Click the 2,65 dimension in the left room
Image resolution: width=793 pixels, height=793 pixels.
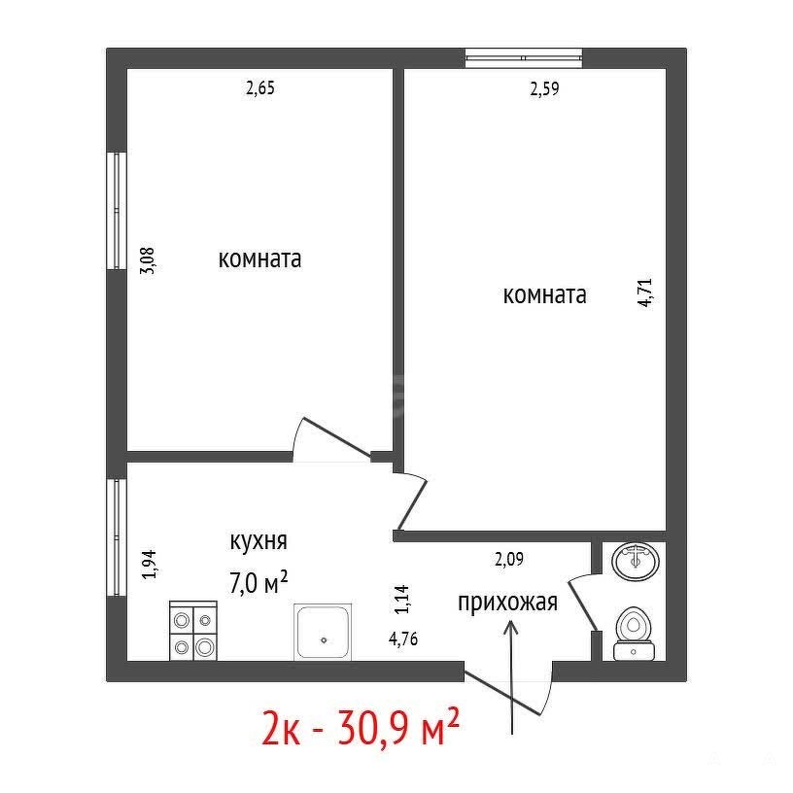(x=259, y=88)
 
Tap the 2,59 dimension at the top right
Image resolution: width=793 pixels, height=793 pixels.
(x=544, y=89)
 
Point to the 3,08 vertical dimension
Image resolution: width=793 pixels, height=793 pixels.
(x=148, y=259)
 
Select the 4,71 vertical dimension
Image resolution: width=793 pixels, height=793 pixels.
(x=646, y=293)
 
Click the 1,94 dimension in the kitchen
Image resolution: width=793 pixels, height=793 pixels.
(x=150, y=565)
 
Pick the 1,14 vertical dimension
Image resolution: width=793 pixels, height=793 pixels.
(x=402, y=600)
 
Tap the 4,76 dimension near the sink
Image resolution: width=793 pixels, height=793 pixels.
(x=403, y=638)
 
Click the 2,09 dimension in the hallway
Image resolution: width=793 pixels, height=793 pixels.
(x=509, y=560)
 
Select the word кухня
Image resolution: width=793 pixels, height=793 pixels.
(x=259, y=541)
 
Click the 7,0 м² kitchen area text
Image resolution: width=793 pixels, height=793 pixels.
(x=259, y=583)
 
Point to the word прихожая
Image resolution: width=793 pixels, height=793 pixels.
(x=507, y=603)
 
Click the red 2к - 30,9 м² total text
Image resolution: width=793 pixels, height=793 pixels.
(x=361, y=727)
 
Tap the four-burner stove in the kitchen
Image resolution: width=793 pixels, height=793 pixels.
(x=192, y=631)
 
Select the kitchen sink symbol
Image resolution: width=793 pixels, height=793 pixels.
(x=323, y=632)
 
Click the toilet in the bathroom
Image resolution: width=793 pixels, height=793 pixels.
(x=634, y=634)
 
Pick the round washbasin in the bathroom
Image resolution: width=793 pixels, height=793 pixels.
(x=636, y=561)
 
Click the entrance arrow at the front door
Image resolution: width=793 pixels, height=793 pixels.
(x=512, y=677)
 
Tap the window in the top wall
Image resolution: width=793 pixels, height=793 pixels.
(x=524, y=58)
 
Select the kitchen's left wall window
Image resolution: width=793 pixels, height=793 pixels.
(x=117, y=537)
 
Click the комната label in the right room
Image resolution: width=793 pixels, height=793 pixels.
(x=544, y=294)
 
